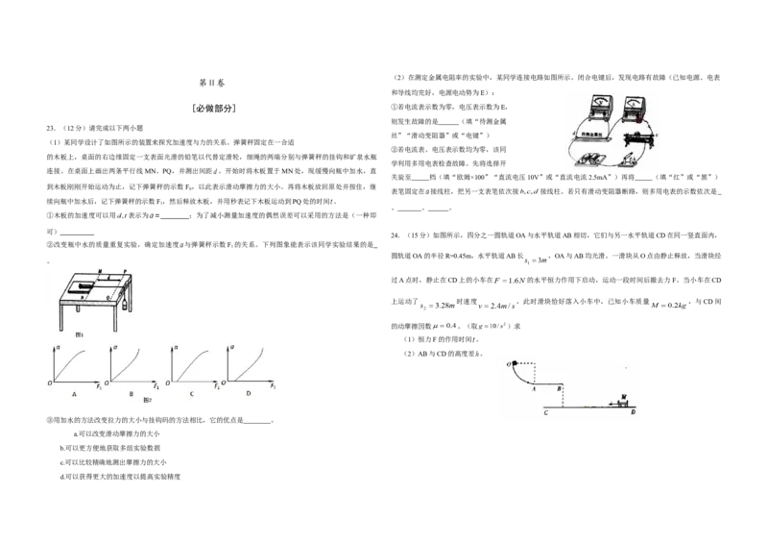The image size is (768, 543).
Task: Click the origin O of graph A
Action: (x=50, y=383)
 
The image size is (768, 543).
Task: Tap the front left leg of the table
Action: (x=61, y=312)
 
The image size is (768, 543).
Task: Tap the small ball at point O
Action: (x=515, y=363)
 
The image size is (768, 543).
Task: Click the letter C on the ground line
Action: (x=545, y=413)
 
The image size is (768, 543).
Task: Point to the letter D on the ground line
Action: (x=633, y=413)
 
